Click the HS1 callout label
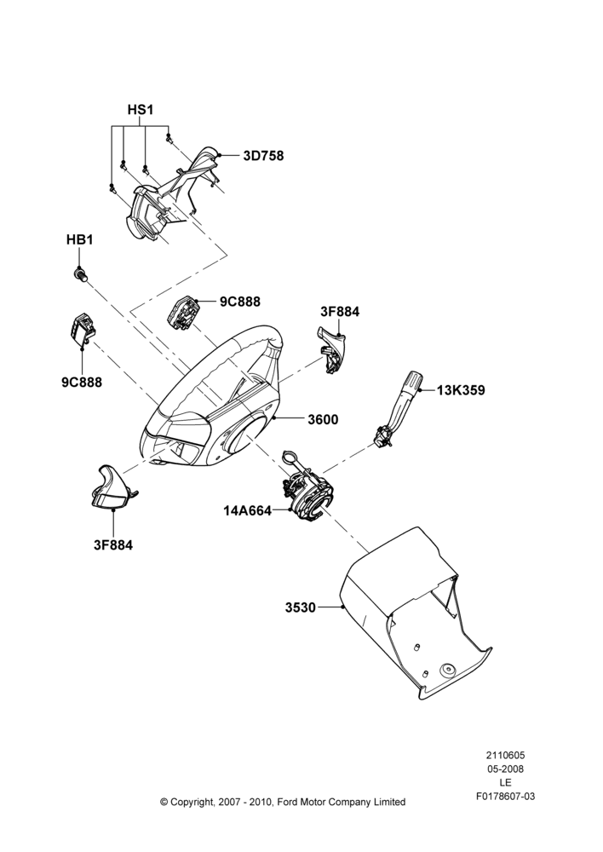coord(141,110)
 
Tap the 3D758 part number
coord(263,156)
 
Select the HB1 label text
coord(79,239)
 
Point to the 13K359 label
coord(462,390)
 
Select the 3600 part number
coord(323,419)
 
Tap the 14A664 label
coord(247,510)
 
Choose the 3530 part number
coord(301,607)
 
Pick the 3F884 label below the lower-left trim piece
coord(113,544)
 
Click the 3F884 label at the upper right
coord(340,312)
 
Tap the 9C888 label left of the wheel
coord(82,382)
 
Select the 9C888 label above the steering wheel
coord(240,301)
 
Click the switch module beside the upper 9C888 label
coord(182,312)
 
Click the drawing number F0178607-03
coord(506,797)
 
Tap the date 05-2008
coord(505,769)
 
